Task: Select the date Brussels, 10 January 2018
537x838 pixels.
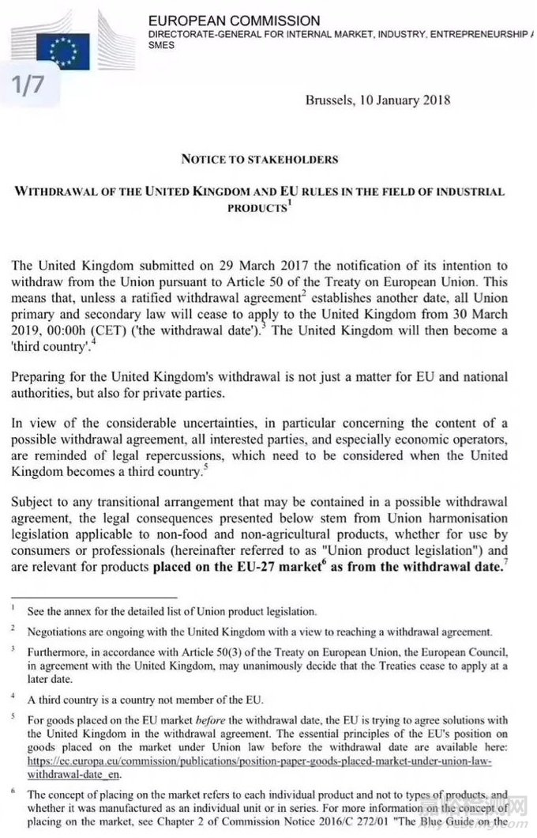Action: point(377,100)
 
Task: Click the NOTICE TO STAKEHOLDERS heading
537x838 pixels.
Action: point(260,159)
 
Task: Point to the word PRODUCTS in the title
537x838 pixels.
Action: point(255,208)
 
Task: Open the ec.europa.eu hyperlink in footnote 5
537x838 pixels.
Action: point(261,761)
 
